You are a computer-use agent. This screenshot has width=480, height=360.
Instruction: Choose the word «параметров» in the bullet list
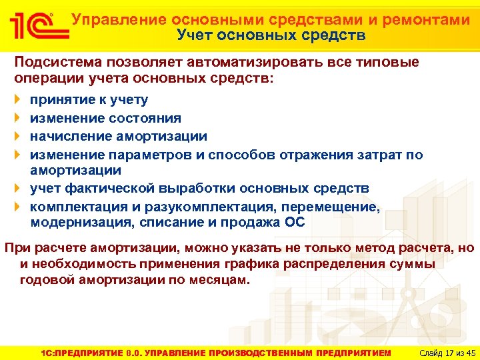(152, 155)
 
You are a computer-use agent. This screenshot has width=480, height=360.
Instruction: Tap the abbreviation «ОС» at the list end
(295, 223)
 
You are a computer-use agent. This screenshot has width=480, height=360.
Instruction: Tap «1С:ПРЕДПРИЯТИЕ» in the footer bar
(79, 352)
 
